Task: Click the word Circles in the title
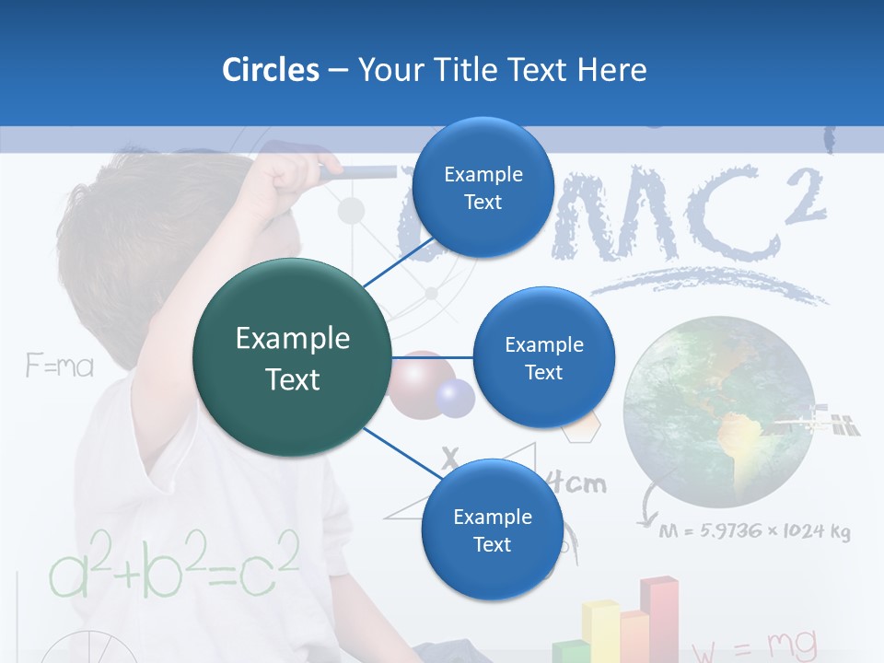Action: pos(270,70)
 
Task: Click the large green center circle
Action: pos(293,358)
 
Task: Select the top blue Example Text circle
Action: pos(482,187)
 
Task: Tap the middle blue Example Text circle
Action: pos(543,357)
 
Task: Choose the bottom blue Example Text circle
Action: pos(491,529)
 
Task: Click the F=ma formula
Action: pos(60,366)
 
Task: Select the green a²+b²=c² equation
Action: pos(173,563)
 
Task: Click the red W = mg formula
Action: pos(752,644)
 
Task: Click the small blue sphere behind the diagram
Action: pos(454,397)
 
